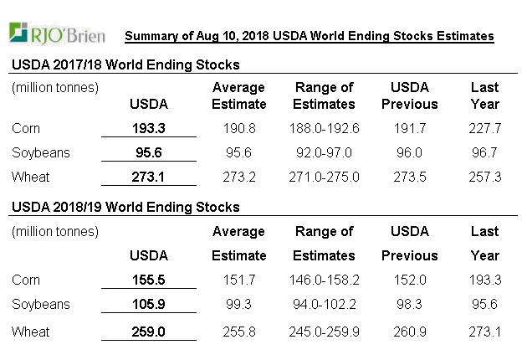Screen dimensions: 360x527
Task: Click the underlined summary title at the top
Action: [x=309, y=36]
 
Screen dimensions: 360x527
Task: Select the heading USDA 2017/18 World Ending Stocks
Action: [x=125, y=65]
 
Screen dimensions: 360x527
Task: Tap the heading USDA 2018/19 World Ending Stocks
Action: [x=125, y=207]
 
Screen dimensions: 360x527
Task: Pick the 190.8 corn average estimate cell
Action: [x=239, y=129]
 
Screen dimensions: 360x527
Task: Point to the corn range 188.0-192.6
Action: [x=324, y=129]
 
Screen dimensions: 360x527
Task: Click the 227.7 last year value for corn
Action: [x=485, y=129]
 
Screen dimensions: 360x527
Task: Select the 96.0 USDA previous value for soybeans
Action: [x=409, y=153]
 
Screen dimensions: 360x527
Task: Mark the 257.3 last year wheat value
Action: [x=485, y=177]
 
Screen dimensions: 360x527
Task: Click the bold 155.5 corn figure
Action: [x=149, y=280]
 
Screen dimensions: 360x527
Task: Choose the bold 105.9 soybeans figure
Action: [x=149, y=304]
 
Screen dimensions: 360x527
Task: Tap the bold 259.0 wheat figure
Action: [x=149, y=332]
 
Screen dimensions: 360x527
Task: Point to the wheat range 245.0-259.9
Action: [x=324, y=332]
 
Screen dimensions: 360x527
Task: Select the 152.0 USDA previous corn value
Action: [x=409, y=280]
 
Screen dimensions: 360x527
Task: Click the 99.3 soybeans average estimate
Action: [x=239, y=304]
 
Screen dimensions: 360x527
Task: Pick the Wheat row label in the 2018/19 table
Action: [x=31, y=332]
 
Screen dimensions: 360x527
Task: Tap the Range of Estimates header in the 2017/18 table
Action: [x=324, y=95]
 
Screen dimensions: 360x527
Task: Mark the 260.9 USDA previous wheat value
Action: [x=409, y=332]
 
